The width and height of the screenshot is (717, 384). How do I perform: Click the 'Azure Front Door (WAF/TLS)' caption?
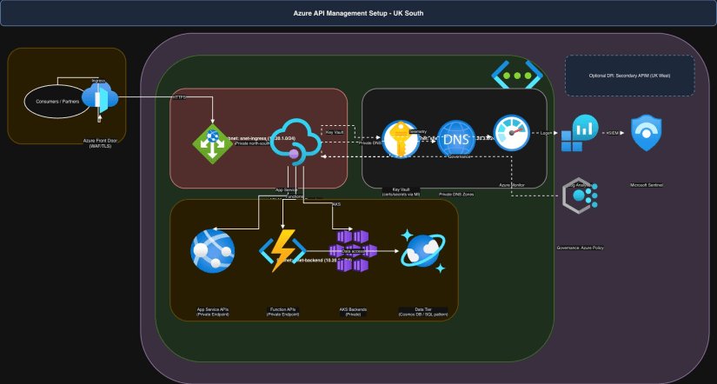pyautogui.click(x=101, y=142)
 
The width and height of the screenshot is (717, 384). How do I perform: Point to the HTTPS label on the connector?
pyautogui.click(x=180, y=97)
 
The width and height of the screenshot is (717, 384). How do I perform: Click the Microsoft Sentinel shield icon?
pyautogui.click(x=650, y=134)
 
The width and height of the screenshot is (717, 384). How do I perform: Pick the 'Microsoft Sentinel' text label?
pyautogui.click(x=650, y=184)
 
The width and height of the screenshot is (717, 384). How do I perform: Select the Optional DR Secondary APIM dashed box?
pyautogui.click(x=629, y=75)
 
